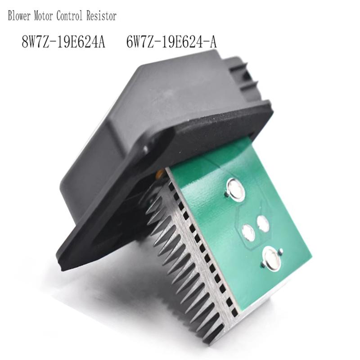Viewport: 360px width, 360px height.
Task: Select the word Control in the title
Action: [x=74, y=17]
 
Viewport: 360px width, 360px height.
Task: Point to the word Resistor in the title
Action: [x=103, y=17]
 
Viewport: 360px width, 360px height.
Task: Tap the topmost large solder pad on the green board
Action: [x=236, y=189]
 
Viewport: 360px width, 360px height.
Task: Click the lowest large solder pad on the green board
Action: [x=272, y=259]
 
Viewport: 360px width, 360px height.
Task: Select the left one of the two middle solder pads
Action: [x=248, y=232]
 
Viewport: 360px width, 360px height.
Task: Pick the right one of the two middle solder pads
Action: [x=263, y=224]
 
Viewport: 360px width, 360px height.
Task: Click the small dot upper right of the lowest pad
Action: [x=281, y=251]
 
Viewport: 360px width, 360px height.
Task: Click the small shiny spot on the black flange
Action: [x=145, y=148]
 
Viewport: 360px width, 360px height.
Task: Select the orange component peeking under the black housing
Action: [x=159, y=173]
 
